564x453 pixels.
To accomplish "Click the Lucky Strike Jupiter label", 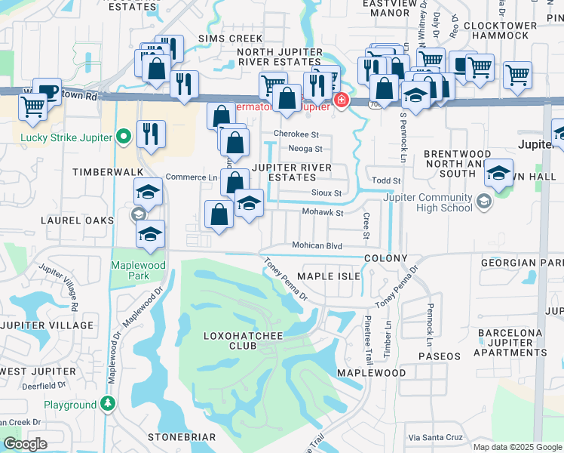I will [x=66, y=137].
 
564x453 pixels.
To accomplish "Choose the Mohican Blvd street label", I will [x=317, y=246].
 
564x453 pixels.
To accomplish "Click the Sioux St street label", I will [x=327, y=193].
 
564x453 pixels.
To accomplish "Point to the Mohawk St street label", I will [x=323, y=213].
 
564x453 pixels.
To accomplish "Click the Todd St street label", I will [x=386, y=181].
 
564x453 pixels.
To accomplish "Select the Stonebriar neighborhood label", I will [x=182, y=438].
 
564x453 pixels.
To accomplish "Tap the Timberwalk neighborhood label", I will [x=97, y=172].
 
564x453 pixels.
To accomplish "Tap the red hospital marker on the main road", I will [x=342, y=100].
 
